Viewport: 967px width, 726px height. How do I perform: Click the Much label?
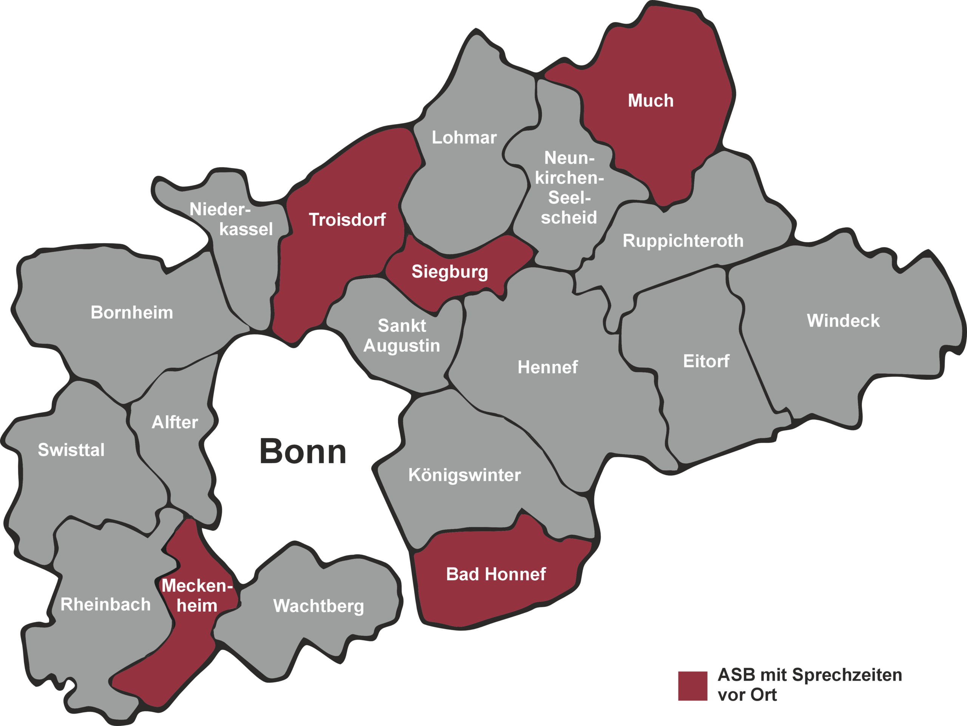click(650, 101)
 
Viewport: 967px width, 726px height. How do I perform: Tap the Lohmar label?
click(464, 137)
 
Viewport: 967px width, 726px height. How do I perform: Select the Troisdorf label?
click(347, 220)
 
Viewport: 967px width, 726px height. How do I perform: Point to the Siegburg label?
click(450, 272)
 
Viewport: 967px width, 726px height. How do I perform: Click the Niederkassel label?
click(231, 219)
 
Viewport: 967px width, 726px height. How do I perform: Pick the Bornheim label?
click(131, 313)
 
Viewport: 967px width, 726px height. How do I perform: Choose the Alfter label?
click(175, 422)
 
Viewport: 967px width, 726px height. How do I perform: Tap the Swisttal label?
click(71, 450)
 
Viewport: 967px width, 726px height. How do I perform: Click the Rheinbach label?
click(105, 604)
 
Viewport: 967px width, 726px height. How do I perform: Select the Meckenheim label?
click(197, 596)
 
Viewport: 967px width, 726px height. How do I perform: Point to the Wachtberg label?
click(318, 606)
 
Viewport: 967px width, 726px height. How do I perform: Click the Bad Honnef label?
click(496, 575)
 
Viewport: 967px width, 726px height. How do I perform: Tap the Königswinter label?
click(464, 475)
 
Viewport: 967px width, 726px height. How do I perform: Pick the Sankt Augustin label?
click(402, 336)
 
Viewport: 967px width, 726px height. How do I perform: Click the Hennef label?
click(547, 367)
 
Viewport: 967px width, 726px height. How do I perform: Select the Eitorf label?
click(706, 361)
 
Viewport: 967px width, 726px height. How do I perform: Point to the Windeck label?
click(843, 321)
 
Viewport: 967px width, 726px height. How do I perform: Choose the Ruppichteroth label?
click(683, 241)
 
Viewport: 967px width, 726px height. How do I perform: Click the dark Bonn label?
click(303, 451)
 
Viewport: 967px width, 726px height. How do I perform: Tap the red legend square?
click(692, 686)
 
